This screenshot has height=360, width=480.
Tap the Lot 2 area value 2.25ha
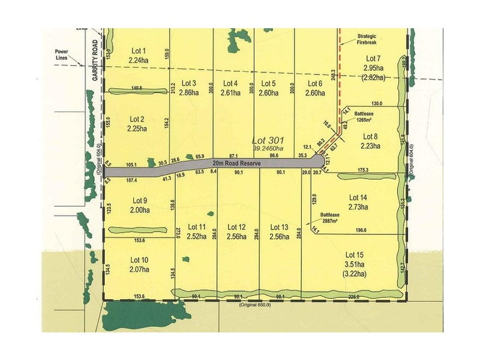137,128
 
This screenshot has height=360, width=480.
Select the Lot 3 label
188,83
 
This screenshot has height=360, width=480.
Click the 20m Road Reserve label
235,163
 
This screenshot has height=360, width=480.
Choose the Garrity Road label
94,61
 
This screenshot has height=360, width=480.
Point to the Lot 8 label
370,137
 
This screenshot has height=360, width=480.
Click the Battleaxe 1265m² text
367,116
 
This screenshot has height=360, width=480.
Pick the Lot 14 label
358,197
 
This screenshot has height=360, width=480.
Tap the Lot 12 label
233,227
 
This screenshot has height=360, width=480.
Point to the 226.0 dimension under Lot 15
353,296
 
